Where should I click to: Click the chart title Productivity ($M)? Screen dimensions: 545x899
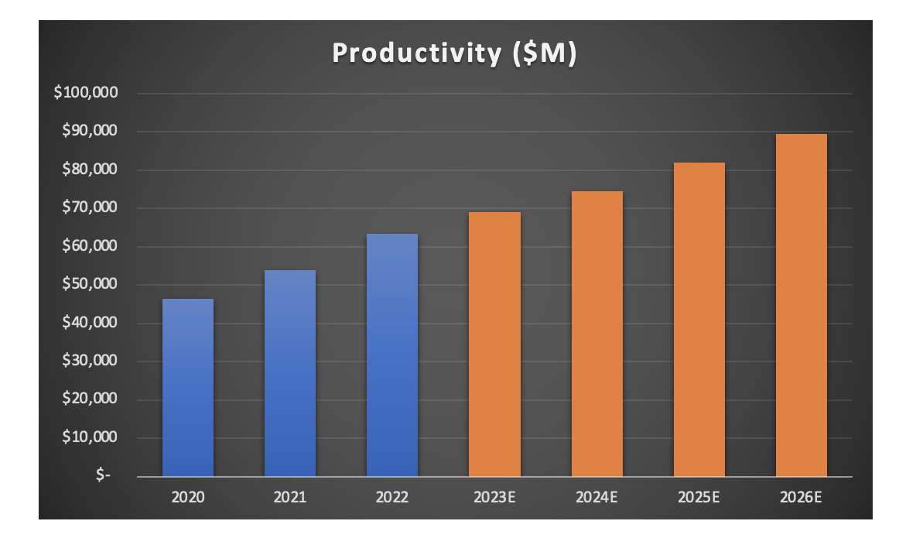pos(454,53)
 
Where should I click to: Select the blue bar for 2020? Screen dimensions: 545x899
pos(188,387)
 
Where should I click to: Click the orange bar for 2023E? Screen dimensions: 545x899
pos(494,344)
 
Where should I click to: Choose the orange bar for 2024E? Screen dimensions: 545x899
pos(596,333)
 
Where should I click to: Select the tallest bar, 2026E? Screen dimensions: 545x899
pos(802,305)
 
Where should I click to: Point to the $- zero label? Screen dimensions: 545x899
pos(104,476)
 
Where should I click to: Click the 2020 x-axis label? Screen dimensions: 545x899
pos(188,497)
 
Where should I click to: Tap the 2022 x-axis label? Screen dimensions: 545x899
pos(392,497)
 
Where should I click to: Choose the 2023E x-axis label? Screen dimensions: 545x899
pos(494,497)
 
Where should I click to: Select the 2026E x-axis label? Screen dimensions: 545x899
pos(802,497)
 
